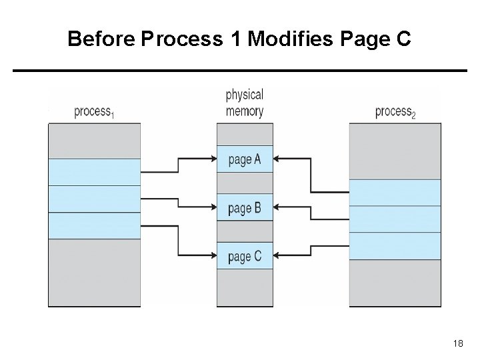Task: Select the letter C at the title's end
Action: coord(403,40)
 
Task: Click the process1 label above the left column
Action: coord(94,112)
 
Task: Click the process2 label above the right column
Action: coord(395,112)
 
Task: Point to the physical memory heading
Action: coord(245,103)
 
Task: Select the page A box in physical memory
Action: coord(245,159)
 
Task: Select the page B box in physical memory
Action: coord(245,209)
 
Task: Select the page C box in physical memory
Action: coord(245,257)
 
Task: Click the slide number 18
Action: coord(457,342)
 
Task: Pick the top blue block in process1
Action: coord(94,171)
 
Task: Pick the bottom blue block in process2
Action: coord(395,246)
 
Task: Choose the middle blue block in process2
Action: coord(395,219)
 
